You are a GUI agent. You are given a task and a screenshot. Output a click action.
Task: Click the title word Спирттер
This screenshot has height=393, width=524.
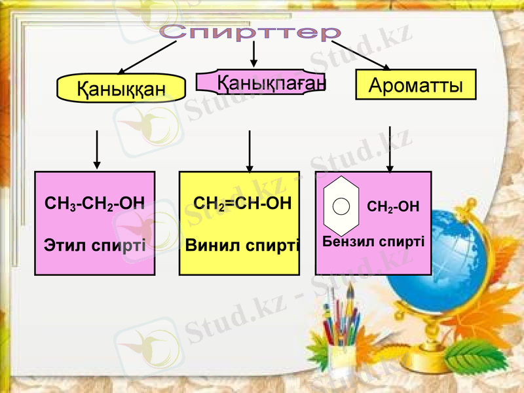[252, 31]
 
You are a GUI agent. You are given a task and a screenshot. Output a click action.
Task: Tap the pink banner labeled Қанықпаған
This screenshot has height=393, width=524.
[261, 83]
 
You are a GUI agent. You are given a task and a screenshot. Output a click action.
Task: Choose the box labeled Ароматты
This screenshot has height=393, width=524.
[415, 85]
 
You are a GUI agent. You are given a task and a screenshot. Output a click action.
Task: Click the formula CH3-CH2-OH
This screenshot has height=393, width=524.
[94, 204]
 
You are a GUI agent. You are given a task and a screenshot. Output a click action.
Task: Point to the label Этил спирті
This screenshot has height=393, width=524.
[94, 246]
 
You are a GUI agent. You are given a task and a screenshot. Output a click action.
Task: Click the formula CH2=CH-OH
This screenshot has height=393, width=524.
[242, 203]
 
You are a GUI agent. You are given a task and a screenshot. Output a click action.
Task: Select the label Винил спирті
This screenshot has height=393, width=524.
[242, 246]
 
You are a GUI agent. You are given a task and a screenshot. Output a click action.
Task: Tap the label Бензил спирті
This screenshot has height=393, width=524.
[373, 241]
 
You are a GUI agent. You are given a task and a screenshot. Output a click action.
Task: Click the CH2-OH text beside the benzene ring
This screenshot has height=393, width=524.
[392, 207]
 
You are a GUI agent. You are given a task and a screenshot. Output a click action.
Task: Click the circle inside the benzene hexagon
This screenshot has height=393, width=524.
[341, 206]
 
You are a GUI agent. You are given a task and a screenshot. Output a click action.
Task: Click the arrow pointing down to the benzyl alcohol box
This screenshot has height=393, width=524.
[390, 149]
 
